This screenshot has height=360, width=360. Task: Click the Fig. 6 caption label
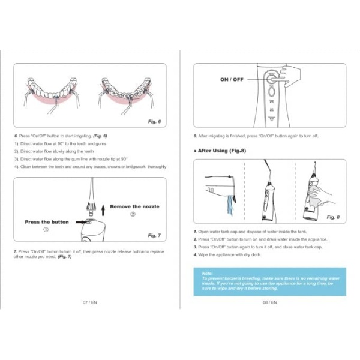click(155, 121)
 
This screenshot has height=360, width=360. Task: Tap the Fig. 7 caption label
click(155, 235)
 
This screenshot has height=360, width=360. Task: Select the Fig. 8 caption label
click(333, 217)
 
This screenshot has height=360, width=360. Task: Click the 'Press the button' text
click(46, 221)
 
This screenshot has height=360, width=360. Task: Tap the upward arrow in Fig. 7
click(103, 209)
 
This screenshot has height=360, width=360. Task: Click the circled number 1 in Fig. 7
click(46, 229)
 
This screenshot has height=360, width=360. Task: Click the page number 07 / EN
click(89, 302)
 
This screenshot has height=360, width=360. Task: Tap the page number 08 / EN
click(269, 302)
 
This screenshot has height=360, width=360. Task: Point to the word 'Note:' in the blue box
click(208, 273)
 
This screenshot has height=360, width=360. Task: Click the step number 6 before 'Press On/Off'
click(15, 136)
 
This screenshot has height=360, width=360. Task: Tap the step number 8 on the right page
click(195, 136)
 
